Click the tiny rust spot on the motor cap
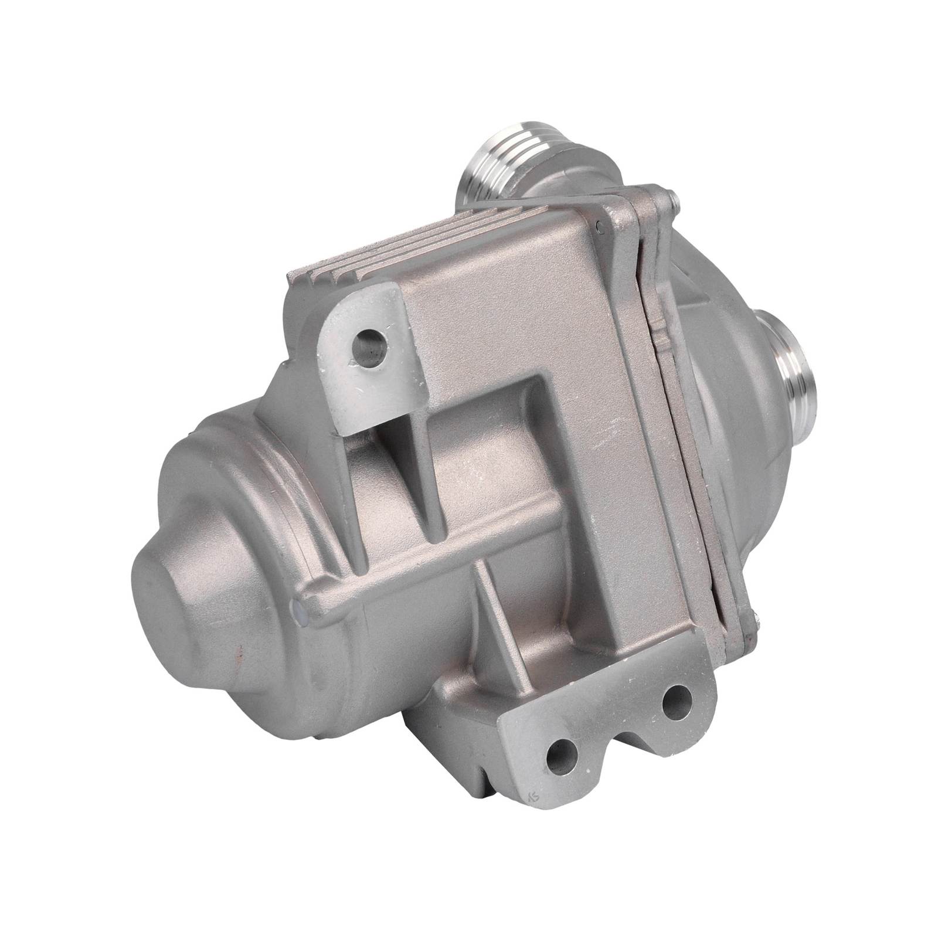240,648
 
